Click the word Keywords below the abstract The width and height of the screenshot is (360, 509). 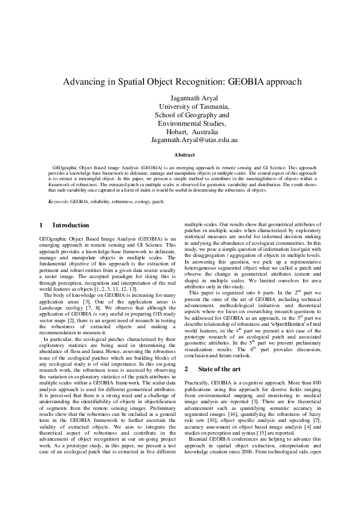pos(58,200)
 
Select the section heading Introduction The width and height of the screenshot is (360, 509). pos(71,226)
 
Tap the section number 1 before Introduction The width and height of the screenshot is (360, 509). pos(39,226)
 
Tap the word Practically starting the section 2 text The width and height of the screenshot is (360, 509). pos(197,383)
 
